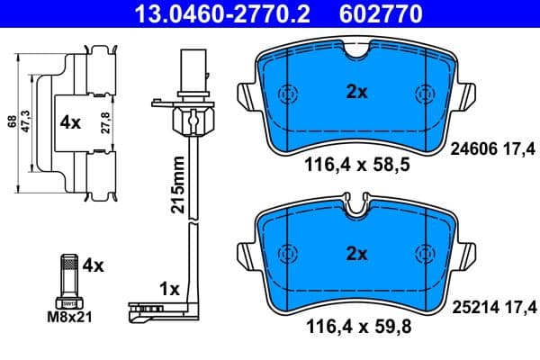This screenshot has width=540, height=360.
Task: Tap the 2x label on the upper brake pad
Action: [x=356, y=91]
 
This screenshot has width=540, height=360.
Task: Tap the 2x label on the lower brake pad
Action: [x=356, y=254]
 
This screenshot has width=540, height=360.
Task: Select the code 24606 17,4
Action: [x=492, y=154]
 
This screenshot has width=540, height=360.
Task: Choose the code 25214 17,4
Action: [x=492, y=307]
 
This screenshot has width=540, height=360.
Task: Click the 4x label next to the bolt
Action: [x=93, y=265]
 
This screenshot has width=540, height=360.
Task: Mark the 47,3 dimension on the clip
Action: [x=27, y=121]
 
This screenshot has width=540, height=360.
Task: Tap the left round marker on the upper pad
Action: [x=288, y=94]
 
